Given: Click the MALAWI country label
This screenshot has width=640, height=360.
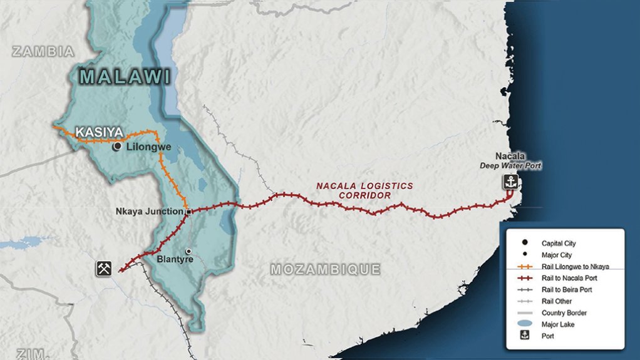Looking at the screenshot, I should click(x=125, y=78).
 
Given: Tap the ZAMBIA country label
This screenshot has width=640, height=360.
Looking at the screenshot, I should click(x=43, y=52).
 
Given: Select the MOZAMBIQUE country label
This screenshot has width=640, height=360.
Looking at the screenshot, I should click(x=325, y=269).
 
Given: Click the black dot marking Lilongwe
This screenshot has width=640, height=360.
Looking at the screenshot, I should click(x=117, y=147).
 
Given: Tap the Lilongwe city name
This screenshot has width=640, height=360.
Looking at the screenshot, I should click(x=147, y=147).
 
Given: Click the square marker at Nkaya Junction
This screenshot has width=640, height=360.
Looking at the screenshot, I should click(x=188, y=212).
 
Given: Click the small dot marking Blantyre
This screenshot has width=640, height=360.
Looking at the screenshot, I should click(x=187, y=251).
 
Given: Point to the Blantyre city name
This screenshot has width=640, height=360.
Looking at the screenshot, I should click(x=174, y=258).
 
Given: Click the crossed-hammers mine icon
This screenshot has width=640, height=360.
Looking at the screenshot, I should click(x=104, y=268).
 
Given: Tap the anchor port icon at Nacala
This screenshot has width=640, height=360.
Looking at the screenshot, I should click(x=510, y=182).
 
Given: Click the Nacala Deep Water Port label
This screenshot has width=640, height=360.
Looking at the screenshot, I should click(x=510, y=160).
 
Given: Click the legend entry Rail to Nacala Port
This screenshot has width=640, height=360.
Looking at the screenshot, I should click(x=567, y=278).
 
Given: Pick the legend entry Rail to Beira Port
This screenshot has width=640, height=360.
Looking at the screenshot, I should click(x=567, y=289).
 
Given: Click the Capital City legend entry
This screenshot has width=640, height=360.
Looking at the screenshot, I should click(x=558, y=243).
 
